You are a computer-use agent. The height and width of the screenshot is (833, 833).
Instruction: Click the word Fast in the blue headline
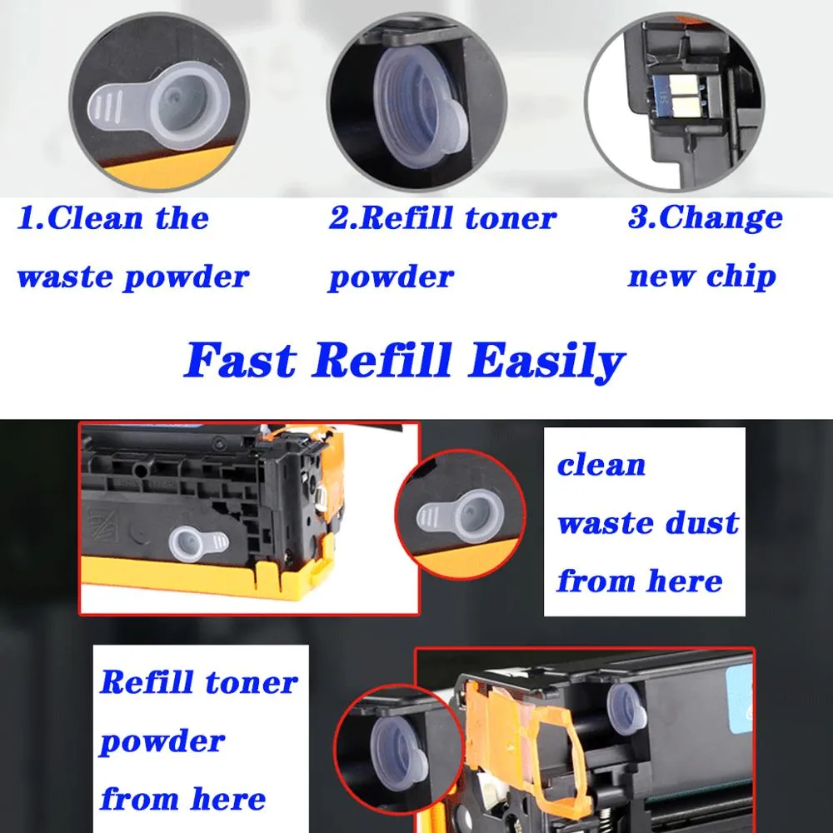pyautogui.click(x=240, y=362)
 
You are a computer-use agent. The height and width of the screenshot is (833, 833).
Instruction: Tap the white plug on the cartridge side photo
pyautogui.click(x=197, y=543)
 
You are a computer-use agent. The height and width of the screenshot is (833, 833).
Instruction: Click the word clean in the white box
pyautogui.click(x=601, y=465)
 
